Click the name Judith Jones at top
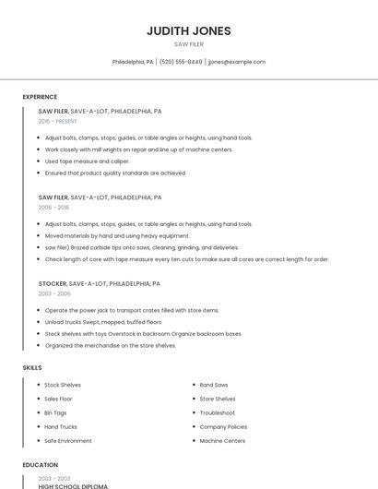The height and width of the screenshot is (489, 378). tap(189, 30)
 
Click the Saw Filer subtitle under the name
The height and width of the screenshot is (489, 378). tap(189, 44)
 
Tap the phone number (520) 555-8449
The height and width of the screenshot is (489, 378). tap(181, 62)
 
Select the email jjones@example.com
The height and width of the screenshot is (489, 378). tap(237, 62)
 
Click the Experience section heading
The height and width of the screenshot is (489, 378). tap(40, 97)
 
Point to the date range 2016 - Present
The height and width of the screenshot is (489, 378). tap(57, 121)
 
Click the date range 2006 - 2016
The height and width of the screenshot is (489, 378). tap(53, 208)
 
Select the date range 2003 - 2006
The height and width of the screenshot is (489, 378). tap(54, 293)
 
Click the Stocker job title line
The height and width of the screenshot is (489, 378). tap(99, 284)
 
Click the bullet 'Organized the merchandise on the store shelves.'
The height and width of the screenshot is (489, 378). tap(110, 345)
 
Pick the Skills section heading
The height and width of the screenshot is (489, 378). tap(32, 368)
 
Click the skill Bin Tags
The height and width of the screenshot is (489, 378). tap(55, 412)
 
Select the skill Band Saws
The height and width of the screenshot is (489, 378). tap(214, 385)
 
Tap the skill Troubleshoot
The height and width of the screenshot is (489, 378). tap(218, 412)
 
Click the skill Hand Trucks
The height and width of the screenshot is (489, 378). tap(61, 427)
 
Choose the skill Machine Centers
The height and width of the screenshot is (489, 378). tap(222, 441)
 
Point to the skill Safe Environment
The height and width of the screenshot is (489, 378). tap(68, 441)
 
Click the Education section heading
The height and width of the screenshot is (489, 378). tap(40, 465)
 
